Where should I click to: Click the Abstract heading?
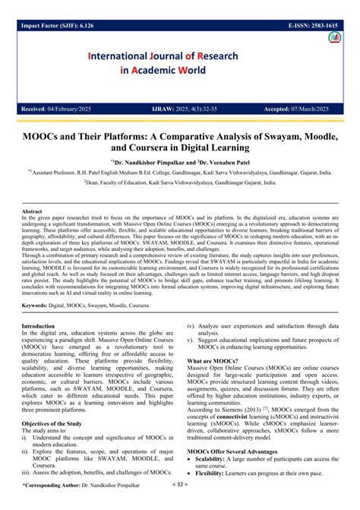click(x=32, y=211)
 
